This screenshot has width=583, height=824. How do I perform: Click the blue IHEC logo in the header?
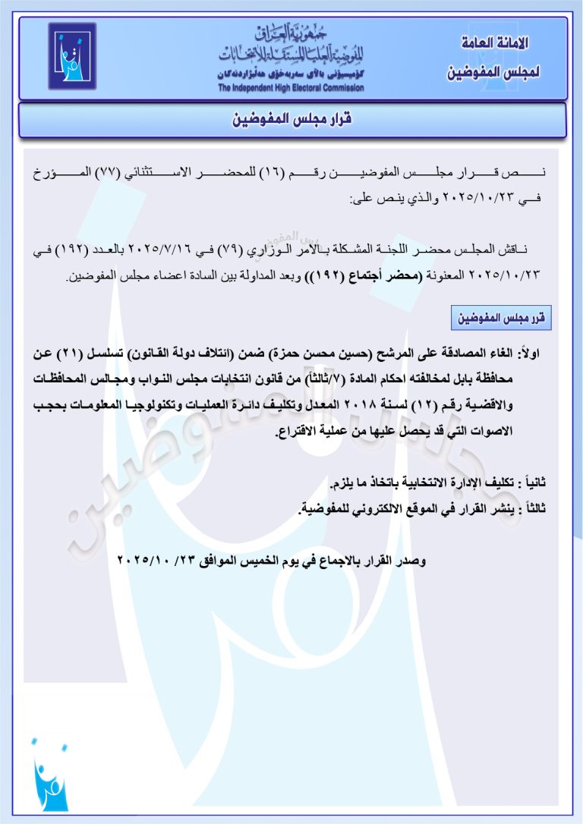coord(73,56)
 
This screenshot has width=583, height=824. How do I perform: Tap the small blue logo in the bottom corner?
coord(50,775)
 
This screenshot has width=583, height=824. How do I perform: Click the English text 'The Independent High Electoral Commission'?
coord(291,89)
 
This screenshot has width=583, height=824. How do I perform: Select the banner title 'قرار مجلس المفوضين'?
coord(291,121)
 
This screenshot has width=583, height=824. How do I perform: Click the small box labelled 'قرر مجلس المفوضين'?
coord(502,319)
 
